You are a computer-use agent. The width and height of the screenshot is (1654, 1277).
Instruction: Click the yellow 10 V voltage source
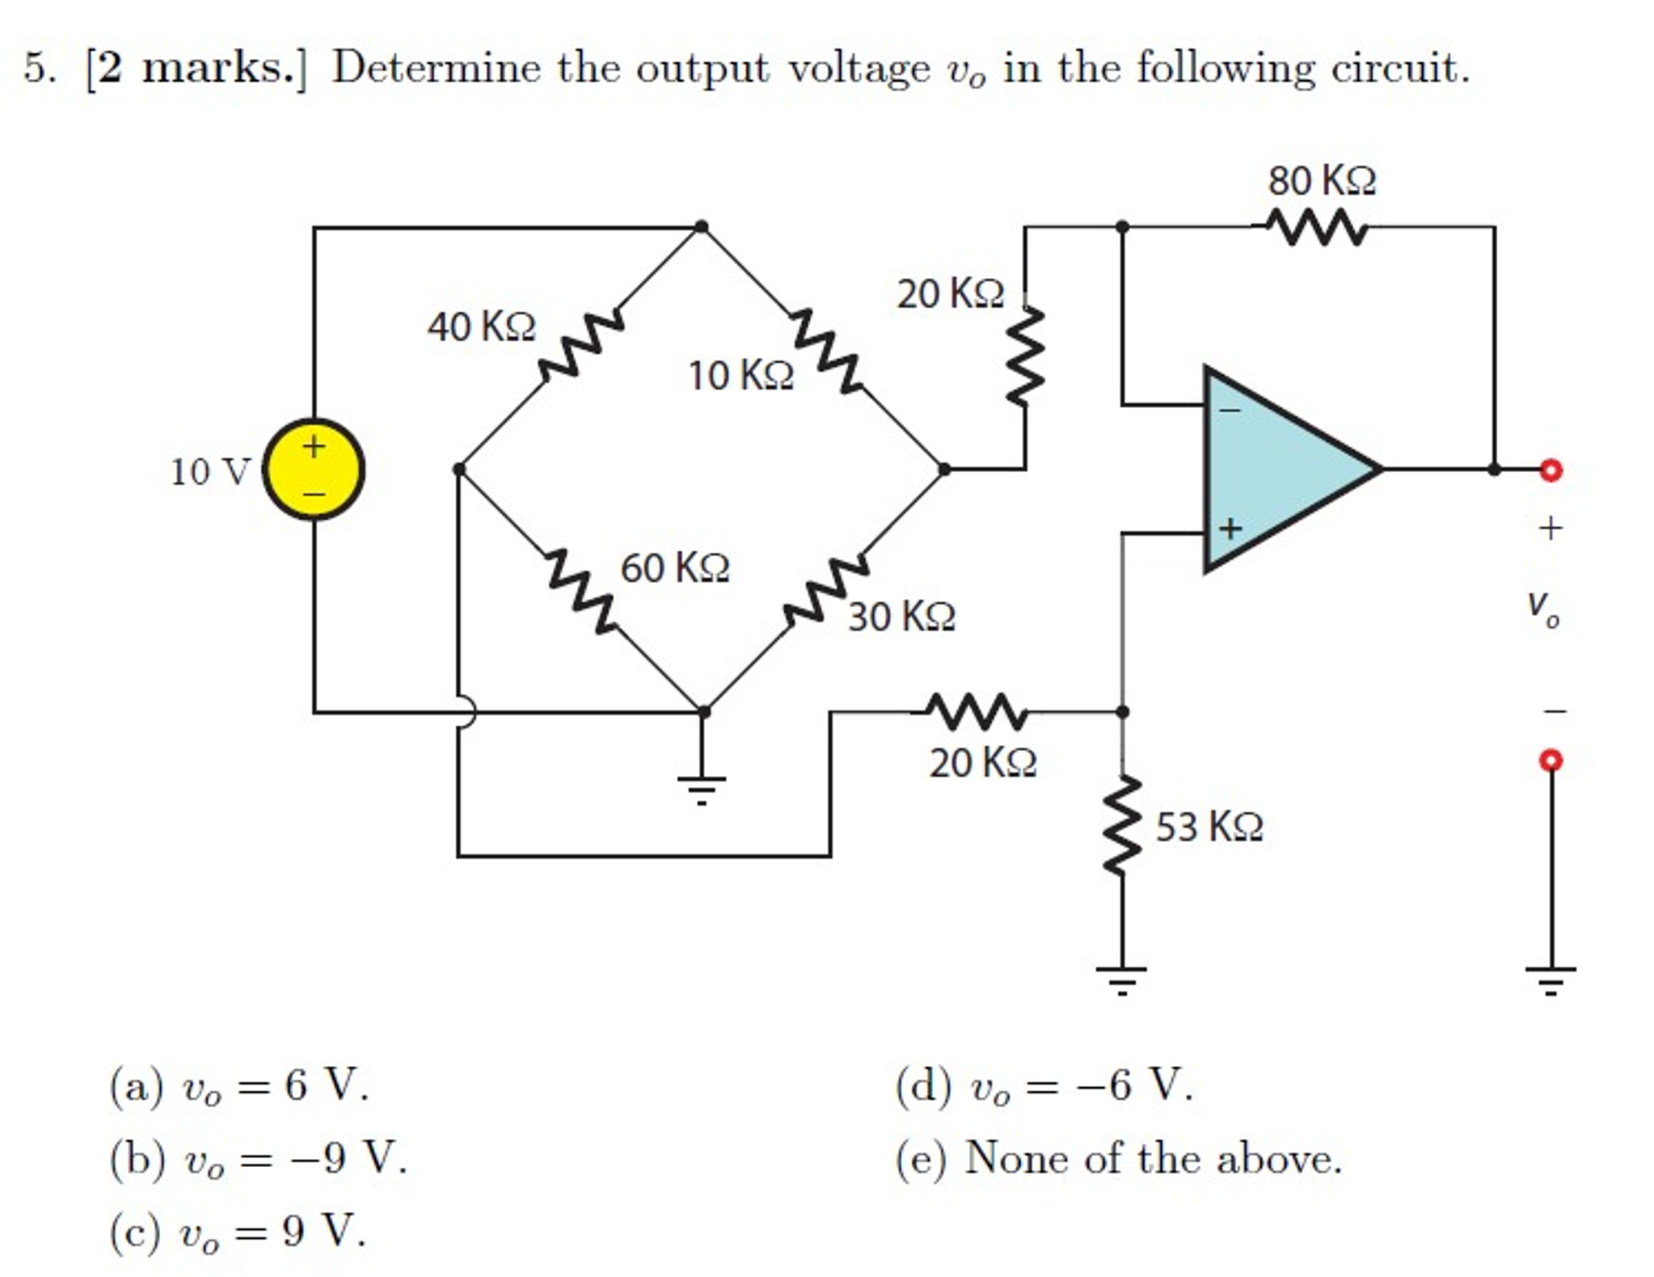click(314, 469)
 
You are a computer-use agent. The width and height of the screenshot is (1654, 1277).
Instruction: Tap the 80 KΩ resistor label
click(1321, 180)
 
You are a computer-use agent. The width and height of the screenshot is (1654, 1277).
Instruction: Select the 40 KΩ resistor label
click(481, 327)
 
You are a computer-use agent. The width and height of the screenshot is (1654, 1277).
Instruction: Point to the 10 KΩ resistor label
click(741, 376)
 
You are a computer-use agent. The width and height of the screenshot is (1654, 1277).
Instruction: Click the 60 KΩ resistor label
click(675, 567)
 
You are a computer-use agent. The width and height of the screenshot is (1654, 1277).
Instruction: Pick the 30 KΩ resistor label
click(901, 617)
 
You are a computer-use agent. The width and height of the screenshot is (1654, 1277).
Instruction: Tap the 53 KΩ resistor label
click(1209, 827)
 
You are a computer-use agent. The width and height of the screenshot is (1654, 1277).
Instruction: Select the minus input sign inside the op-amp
click(1230, 411)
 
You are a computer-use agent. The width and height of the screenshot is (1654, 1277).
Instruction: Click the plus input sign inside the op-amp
click(1230, 529)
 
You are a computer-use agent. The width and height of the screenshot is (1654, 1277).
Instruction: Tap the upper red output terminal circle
click(1551, 470)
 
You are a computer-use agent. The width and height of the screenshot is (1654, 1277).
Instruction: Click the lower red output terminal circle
click(1551, 761)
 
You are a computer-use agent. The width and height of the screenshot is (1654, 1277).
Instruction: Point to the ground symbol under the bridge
click(702, 788)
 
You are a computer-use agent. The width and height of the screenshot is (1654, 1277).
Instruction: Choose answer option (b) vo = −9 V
click(259, 1158)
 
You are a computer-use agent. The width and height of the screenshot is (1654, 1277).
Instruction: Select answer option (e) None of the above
click(1119, 1158)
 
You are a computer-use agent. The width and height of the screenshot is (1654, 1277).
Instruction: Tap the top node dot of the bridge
click(702, 226)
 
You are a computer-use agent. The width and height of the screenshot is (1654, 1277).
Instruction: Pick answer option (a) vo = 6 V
click(240, 1085)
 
